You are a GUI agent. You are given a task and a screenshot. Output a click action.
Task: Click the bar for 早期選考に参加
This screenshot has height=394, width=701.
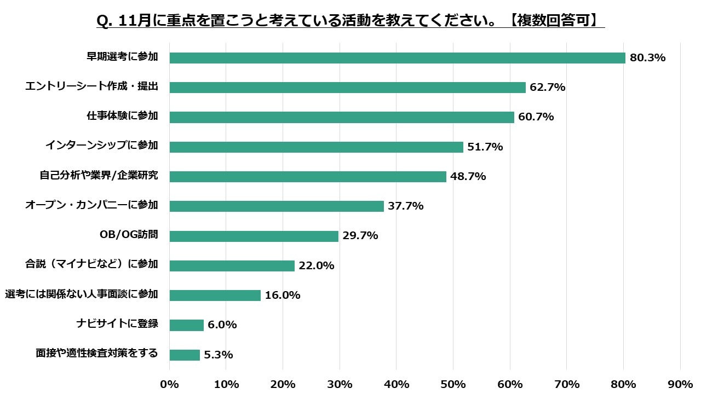(x=397, y=57)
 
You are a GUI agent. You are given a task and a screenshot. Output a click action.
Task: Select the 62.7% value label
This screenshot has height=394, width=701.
(x=547, y=87)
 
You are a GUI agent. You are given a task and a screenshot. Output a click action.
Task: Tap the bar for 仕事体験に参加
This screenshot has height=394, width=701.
(x=342, y=117)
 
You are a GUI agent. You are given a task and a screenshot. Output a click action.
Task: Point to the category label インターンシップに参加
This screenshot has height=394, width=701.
(x=102, y=145)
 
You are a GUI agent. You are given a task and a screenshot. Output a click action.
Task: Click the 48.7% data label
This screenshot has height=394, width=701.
(x=468, y=176)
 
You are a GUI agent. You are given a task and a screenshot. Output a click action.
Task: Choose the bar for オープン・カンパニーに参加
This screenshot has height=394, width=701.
(x=277, y=206)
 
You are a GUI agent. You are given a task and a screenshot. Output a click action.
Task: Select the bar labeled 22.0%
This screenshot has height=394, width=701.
(x=232, y=265)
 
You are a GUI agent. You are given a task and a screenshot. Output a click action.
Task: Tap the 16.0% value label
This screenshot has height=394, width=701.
(x=283, y=295)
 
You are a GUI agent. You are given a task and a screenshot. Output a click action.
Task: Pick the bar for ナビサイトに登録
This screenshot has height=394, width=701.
(x=186, y=325)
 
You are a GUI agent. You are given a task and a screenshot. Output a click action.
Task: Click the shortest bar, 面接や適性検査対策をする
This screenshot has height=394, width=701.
(x=185, y=355)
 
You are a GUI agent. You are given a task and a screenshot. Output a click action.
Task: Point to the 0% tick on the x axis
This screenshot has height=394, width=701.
(x=169, y=384)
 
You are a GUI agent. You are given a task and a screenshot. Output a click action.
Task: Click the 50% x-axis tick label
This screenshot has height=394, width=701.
(x=453, y=384)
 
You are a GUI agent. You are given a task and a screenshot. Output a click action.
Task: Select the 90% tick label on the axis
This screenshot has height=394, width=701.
(x=680, y=384)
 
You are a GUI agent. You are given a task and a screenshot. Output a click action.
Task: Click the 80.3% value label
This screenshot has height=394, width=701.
(x=647, y=57)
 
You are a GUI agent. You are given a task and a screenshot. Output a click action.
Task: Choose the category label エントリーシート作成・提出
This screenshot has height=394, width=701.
(x=91, y=86)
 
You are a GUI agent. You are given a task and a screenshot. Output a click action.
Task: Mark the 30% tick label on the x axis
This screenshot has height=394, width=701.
(x=340, y=384)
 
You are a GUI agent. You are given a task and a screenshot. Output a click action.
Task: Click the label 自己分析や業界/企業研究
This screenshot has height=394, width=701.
(x=99, y=175)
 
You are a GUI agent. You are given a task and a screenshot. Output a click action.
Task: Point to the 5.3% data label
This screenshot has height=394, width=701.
(x=219, y=355)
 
